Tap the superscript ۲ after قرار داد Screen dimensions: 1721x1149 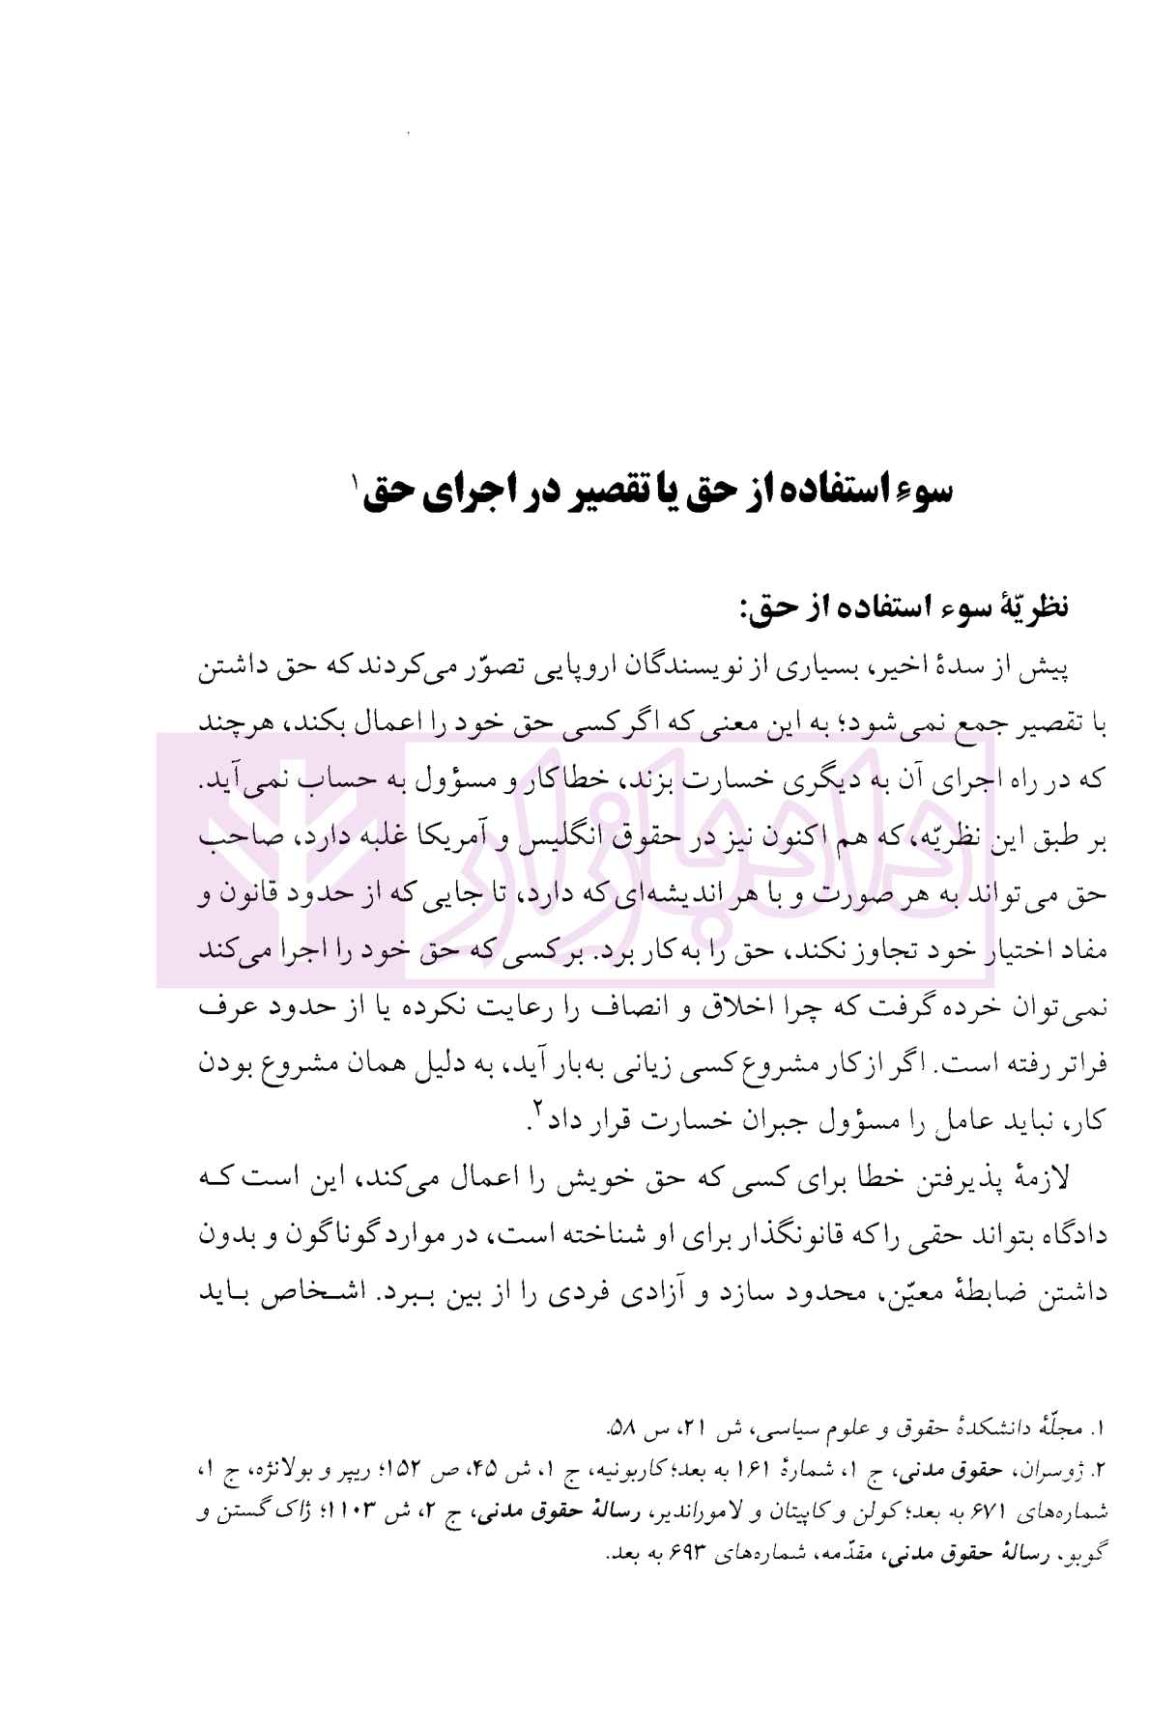[537, 1113]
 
